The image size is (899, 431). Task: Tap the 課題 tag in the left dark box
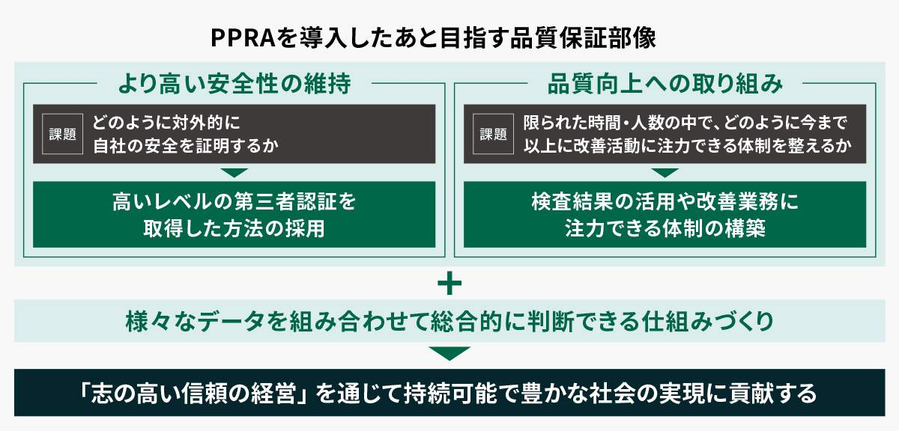pyautogui.click(x=63, y=134)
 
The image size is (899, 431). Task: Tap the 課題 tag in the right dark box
pyautogui.click(x=493, y=134)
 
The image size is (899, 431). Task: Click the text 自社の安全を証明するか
pyautogui.click(x=185, y=146)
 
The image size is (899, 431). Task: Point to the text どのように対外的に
pyautogui.click(x=169, y=122)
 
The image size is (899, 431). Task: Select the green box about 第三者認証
pyautogui.click(x=234, y=215)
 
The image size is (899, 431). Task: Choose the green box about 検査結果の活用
pyautogui.click(x=665, y=215)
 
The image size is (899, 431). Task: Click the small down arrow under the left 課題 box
pyautogui.click(x=234, y=172)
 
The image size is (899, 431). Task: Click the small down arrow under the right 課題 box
pyautogui.click(x=665, y=172)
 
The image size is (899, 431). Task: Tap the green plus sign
pyautogui.click(x=449, y=284)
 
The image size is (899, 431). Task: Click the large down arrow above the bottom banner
pyautogui.click(x=449, y=353)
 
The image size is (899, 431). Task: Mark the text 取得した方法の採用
pyautogui.click(x=234, y=228)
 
